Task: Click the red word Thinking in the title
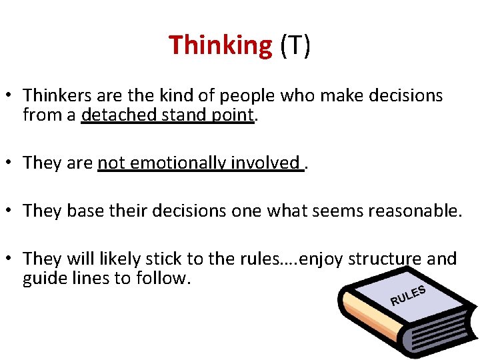tap(220, 45)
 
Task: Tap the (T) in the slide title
tap(295, 45)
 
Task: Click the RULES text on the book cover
tap(408, 295)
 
